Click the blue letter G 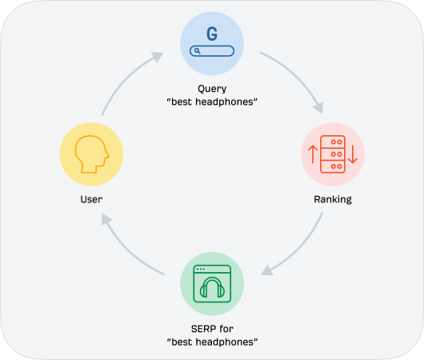tap(212, 34)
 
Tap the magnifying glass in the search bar tap(198, 51)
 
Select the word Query tap(212, 89)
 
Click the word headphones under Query tap(224, 102)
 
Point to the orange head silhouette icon tap(92, 154)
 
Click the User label tap(91, 199)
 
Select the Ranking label tap(333, 200)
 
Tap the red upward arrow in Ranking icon tap(313, 154)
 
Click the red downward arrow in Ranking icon tap(353, 154)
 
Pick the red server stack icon tap(333, 154)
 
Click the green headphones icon tap(212, 287)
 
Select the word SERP tap(203, 329)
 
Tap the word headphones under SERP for tap(225, 342)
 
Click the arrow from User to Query tap(127, 79)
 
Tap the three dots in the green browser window tap(201, 269)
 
